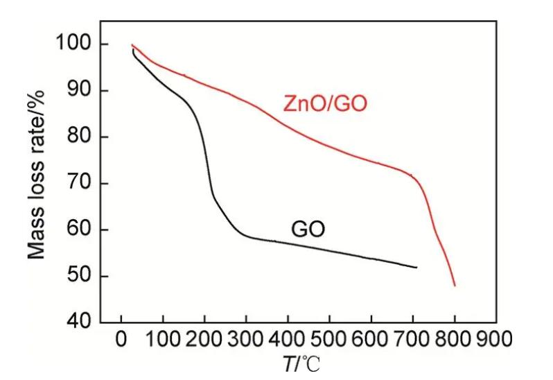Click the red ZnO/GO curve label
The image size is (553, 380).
point(324,104)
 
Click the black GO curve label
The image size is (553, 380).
point(308,229)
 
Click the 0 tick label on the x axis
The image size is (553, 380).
point(122,340)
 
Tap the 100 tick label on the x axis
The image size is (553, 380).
point(162,340)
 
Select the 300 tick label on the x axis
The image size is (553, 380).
point(246,340)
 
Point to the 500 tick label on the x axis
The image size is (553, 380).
point(329,340)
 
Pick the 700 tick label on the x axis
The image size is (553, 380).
point(412,340)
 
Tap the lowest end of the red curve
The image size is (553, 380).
point(455,285)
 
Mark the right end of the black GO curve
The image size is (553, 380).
point(416,267)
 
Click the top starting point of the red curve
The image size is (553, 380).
point(132,45)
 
